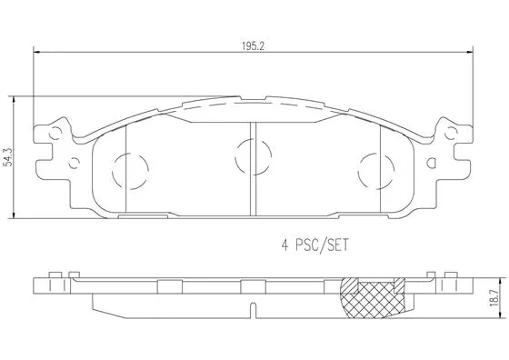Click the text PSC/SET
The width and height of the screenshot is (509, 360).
[x=324, y=245]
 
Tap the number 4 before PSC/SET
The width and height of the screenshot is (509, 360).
[x=284, y=245]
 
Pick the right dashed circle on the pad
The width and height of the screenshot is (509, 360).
[x=374, y=167]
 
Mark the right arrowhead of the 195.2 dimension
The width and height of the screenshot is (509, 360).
[x=470, y=53]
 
